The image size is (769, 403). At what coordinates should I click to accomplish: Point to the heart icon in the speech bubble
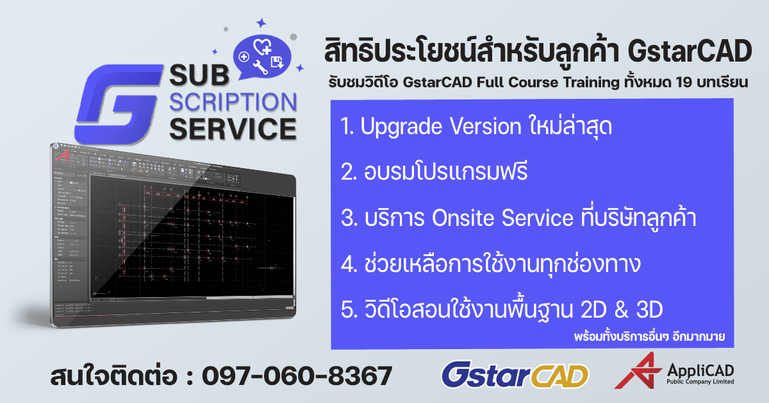click(x=262, y=46)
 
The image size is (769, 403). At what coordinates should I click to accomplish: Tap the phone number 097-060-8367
click(x=296, y=375)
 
